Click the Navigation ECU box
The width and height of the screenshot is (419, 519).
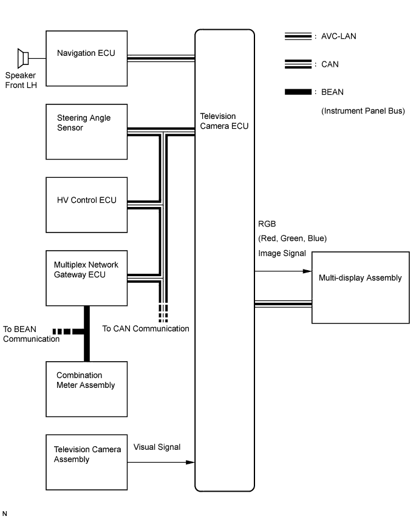click(87, 58)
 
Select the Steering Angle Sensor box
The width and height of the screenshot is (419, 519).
click(87, 131)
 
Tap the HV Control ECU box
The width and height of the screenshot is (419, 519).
click(87, 205)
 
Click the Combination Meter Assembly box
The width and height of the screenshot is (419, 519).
click(87, 388)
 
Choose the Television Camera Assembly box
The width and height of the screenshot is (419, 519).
click(87, 462)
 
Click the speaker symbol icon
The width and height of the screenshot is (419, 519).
click(24, 58)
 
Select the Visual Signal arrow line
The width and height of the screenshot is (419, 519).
click(161, 463)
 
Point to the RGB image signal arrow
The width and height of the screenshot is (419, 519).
click(282, 272)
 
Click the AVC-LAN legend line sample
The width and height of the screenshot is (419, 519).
click(298, 36)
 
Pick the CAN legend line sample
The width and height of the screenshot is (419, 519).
click(298, 64)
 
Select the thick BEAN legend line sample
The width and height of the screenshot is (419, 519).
click(298, 92)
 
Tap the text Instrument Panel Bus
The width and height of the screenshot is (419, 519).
click(363, 110)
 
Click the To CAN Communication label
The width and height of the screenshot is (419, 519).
click(146, 328)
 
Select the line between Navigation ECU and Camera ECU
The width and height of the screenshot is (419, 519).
click(161, 58)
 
